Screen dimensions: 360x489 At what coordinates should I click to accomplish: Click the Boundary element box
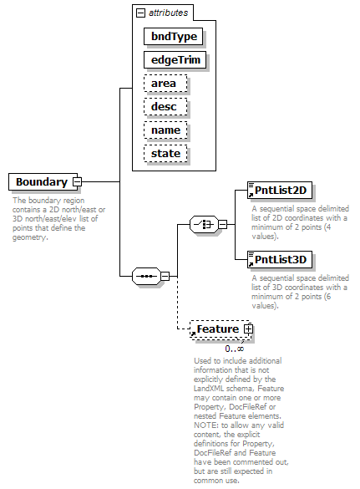(x=43, y=182)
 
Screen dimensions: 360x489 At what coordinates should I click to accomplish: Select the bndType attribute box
(x=173, y=37)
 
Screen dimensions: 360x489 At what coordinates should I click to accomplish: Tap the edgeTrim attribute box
(x=175, y=60)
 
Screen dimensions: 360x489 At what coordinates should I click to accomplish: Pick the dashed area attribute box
(x=165, y=84)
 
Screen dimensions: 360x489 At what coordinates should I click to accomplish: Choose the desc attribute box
(x=165, y=107)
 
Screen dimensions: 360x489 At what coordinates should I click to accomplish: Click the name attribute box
(x=165, y=130)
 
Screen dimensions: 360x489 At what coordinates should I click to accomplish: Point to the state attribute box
(x=165, y=154)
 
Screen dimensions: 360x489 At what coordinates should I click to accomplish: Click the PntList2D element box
(x=280, y=191)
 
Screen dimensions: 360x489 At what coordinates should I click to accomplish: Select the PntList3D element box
(x=280, y=259)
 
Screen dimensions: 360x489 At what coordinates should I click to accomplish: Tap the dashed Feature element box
(x=221, y=329)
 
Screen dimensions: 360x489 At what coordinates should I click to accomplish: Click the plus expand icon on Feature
(x=248, y=329)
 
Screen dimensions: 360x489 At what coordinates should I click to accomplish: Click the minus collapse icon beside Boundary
(x=77, y=182)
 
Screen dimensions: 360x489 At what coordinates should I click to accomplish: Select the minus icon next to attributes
(x=141, y=13)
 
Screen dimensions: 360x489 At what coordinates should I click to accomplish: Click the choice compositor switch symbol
(x=204, y=224)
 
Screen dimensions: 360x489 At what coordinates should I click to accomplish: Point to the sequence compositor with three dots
(x=146, y=276)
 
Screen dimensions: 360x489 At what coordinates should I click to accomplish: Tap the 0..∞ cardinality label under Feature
(x=235, y=349)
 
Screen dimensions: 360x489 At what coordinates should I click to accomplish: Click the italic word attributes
(x=169, y=13)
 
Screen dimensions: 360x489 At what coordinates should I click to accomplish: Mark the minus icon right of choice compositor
(x=222, y=224)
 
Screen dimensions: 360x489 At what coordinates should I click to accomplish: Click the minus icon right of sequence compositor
(x=165, y=276)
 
